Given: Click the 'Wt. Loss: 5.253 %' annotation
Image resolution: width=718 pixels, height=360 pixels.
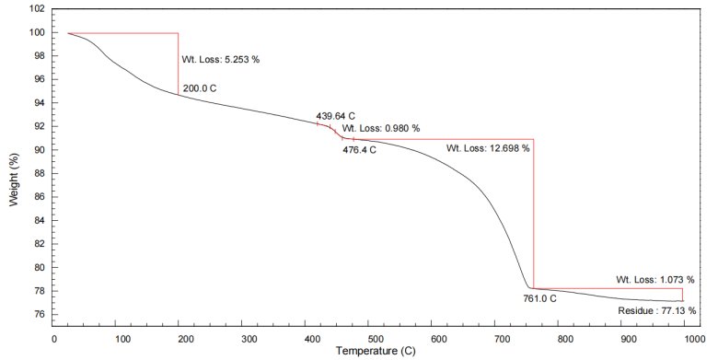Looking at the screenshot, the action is pos(221,60).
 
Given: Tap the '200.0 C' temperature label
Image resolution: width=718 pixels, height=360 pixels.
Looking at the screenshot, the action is pos(200,88).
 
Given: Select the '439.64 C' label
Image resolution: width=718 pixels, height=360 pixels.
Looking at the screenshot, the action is pos(335,116).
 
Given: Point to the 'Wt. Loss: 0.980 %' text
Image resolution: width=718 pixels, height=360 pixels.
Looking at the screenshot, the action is pos(381,129).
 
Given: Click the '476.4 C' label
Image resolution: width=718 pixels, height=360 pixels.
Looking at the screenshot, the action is pos(359,150).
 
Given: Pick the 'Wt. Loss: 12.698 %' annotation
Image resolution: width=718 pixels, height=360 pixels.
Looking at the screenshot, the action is pos(488,148).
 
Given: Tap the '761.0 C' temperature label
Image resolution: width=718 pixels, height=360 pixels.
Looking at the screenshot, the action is pos(540,299).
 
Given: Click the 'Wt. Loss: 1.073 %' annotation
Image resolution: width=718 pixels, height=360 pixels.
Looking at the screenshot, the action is pos(655,279).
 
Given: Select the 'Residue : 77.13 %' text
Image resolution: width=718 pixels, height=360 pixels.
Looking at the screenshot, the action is pos(657,311).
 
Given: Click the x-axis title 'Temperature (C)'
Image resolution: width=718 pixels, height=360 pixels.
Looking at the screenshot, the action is pos(376,352).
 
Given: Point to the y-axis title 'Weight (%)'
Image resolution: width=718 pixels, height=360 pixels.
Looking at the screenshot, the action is pos(14,180).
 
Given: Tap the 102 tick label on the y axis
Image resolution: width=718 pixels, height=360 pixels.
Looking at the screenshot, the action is pos(39,9).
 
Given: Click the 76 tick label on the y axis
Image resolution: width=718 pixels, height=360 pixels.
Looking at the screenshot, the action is pos(41,315).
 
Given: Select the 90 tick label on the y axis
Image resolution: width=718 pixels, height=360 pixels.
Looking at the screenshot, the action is pos(41,150).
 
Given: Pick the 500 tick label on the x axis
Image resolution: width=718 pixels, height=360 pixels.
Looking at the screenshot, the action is pos(376,340).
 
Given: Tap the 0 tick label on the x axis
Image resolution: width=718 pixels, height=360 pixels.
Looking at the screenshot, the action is pos(54,340).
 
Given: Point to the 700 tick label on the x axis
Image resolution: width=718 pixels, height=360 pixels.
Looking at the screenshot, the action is pos(503,340).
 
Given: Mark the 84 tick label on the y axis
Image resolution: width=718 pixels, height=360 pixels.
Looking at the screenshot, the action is pos(41,221).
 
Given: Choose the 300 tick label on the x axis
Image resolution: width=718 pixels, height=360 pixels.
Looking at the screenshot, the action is pos(249,340).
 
